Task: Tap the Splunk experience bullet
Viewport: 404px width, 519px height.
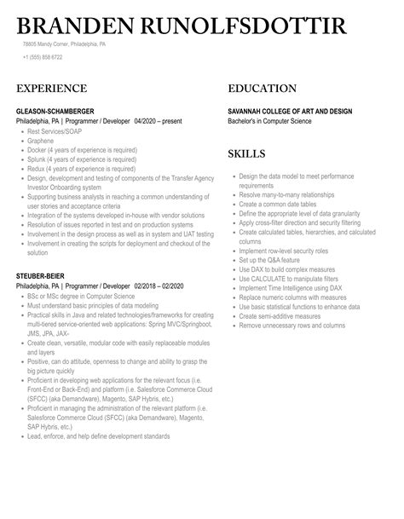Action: (82, 159)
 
